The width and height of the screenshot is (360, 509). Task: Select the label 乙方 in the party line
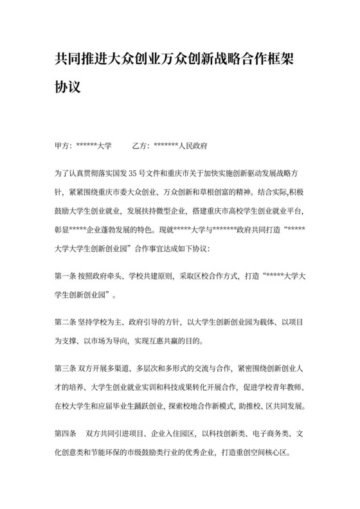coord(140,146)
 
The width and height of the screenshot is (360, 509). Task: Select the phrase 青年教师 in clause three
coord(288,387)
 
